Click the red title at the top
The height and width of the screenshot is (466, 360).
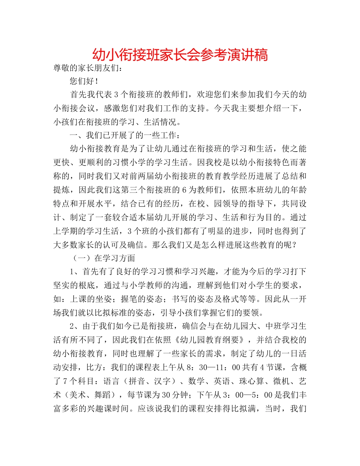[180, 55]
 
